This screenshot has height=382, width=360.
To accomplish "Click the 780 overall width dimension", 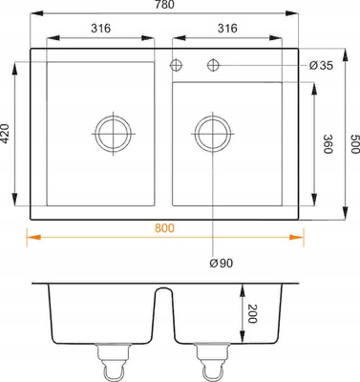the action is click(165, 4).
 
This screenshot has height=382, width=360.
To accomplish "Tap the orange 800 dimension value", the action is click(164, 228).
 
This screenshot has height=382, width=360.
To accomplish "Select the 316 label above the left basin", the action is click(101, 29).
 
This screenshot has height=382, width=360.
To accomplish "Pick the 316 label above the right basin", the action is click(227, 29).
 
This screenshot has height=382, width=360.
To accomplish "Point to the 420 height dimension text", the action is click(6, 133).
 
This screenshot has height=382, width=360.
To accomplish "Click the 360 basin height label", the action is click(328, 144).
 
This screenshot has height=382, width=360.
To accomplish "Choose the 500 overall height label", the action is click(354, 144).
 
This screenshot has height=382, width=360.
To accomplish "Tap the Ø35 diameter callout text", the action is click(321, 66).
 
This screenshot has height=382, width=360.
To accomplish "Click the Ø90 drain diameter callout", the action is click(222, 263).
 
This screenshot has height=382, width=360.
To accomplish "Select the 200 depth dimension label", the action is click(252, 313).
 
